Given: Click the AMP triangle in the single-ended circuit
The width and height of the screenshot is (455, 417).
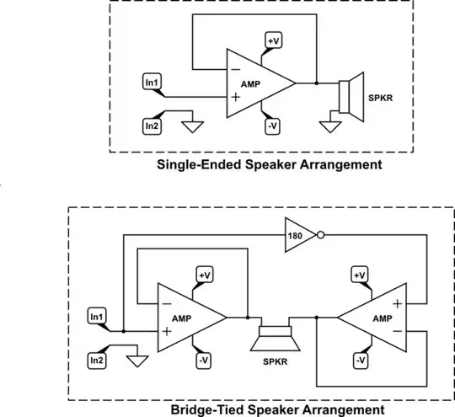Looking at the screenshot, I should [x=254, y=83].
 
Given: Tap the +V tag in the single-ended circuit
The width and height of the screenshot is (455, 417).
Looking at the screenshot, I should [x=274, y=40].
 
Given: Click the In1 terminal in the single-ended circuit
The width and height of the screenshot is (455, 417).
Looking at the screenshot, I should [x=152, y=83].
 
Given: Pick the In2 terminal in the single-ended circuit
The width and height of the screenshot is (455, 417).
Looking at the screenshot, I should [x=152, y=126].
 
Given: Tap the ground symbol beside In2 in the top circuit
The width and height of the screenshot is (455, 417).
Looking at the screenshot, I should [x=193, y=127].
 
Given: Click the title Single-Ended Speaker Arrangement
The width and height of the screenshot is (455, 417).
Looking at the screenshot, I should [x=269, y=165].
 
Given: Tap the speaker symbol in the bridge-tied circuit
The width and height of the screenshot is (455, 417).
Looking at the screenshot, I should [x=274, y=340].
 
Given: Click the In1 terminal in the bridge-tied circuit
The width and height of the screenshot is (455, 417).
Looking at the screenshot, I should [x=97, y=316].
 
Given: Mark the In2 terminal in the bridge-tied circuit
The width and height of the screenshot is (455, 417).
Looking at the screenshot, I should [x=97, y=360].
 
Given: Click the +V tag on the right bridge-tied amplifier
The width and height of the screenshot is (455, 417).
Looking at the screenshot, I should [x=361, y=275].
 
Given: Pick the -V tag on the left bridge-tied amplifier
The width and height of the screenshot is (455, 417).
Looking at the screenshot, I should [x=203, y=361].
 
